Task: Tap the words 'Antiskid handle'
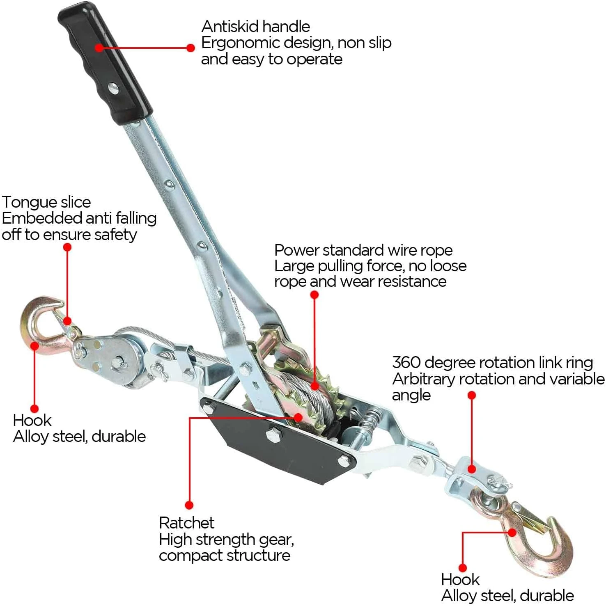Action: [255, 27]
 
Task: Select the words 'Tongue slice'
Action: [46, 202]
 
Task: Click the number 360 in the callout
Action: [406, 363]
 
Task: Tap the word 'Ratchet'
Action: [186, 523]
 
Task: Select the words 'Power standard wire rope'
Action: [363, 250]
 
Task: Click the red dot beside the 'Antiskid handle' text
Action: [191, 48]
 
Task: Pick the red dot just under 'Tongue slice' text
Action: [67, 247]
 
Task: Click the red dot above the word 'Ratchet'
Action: [189, 505]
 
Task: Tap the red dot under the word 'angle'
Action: [472, 395]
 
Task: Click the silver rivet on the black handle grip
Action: [113, 87]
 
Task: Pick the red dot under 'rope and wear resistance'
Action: [314, 295]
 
